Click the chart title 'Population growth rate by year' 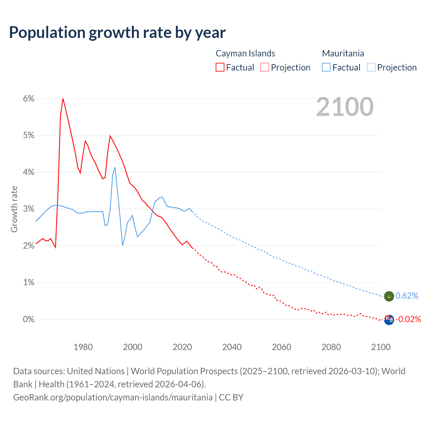(117, 33)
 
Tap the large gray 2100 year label (345, 107)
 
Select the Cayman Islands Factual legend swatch (220, 67)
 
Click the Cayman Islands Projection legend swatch (265, 67)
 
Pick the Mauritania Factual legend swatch (326, 67)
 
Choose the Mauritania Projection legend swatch (371, 67)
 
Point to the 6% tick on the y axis (29, 98)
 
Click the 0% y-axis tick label (29, 319)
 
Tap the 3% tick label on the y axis (29, 209)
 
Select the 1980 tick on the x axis (83, 347)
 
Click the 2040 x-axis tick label (232, 347)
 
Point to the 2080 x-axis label (331, 347)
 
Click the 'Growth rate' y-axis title (14, 209)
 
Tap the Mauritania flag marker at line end (389, 296)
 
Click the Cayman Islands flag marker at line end (389, 319)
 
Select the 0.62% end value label (407, 296)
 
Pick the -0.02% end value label (408, 319)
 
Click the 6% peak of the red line (63, 98)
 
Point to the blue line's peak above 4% (115, 167)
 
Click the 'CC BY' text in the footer (231, 397)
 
